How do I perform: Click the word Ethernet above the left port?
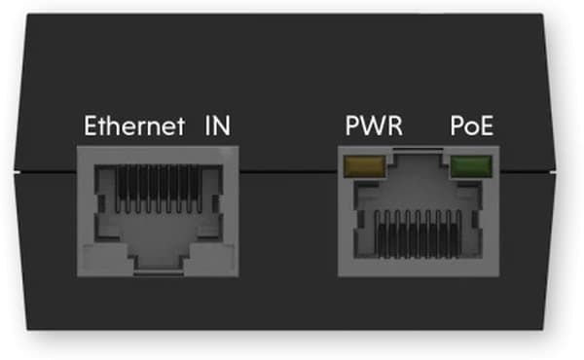tap(133, 126)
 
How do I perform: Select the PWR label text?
tap(373, 126)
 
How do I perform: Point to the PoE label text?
tap(472, 126)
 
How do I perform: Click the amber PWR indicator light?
tap(362, 167)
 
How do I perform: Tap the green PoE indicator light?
tap(470, 167)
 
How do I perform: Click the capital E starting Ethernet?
tap(91, 126)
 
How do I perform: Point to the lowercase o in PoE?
tap(472, 128)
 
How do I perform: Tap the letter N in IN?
tap(221, 126)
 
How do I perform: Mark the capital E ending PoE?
tap(486, 126)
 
